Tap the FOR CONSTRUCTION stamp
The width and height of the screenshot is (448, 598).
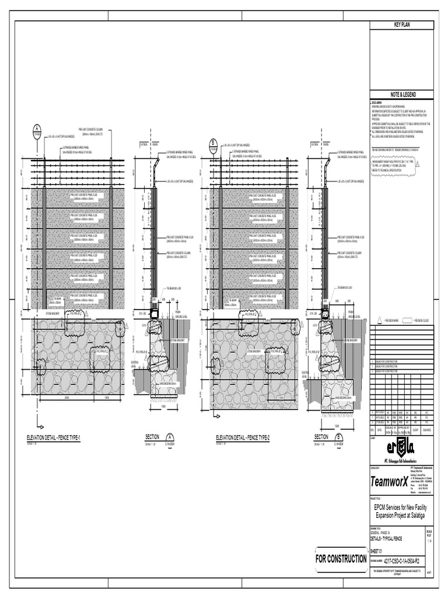(x=341, y=559)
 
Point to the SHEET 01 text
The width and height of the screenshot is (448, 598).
(x=380, y=551)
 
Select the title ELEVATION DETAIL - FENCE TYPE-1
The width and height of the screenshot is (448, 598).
(x=58, y=437)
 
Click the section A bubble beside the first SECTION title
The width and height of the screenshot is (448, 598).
(x=170, y=437)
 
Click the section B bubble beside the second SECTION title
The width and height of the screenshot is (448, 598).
(x=339, y=437)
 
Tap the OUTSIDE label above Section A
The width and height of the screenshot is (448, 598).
(x=144, y=144)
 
